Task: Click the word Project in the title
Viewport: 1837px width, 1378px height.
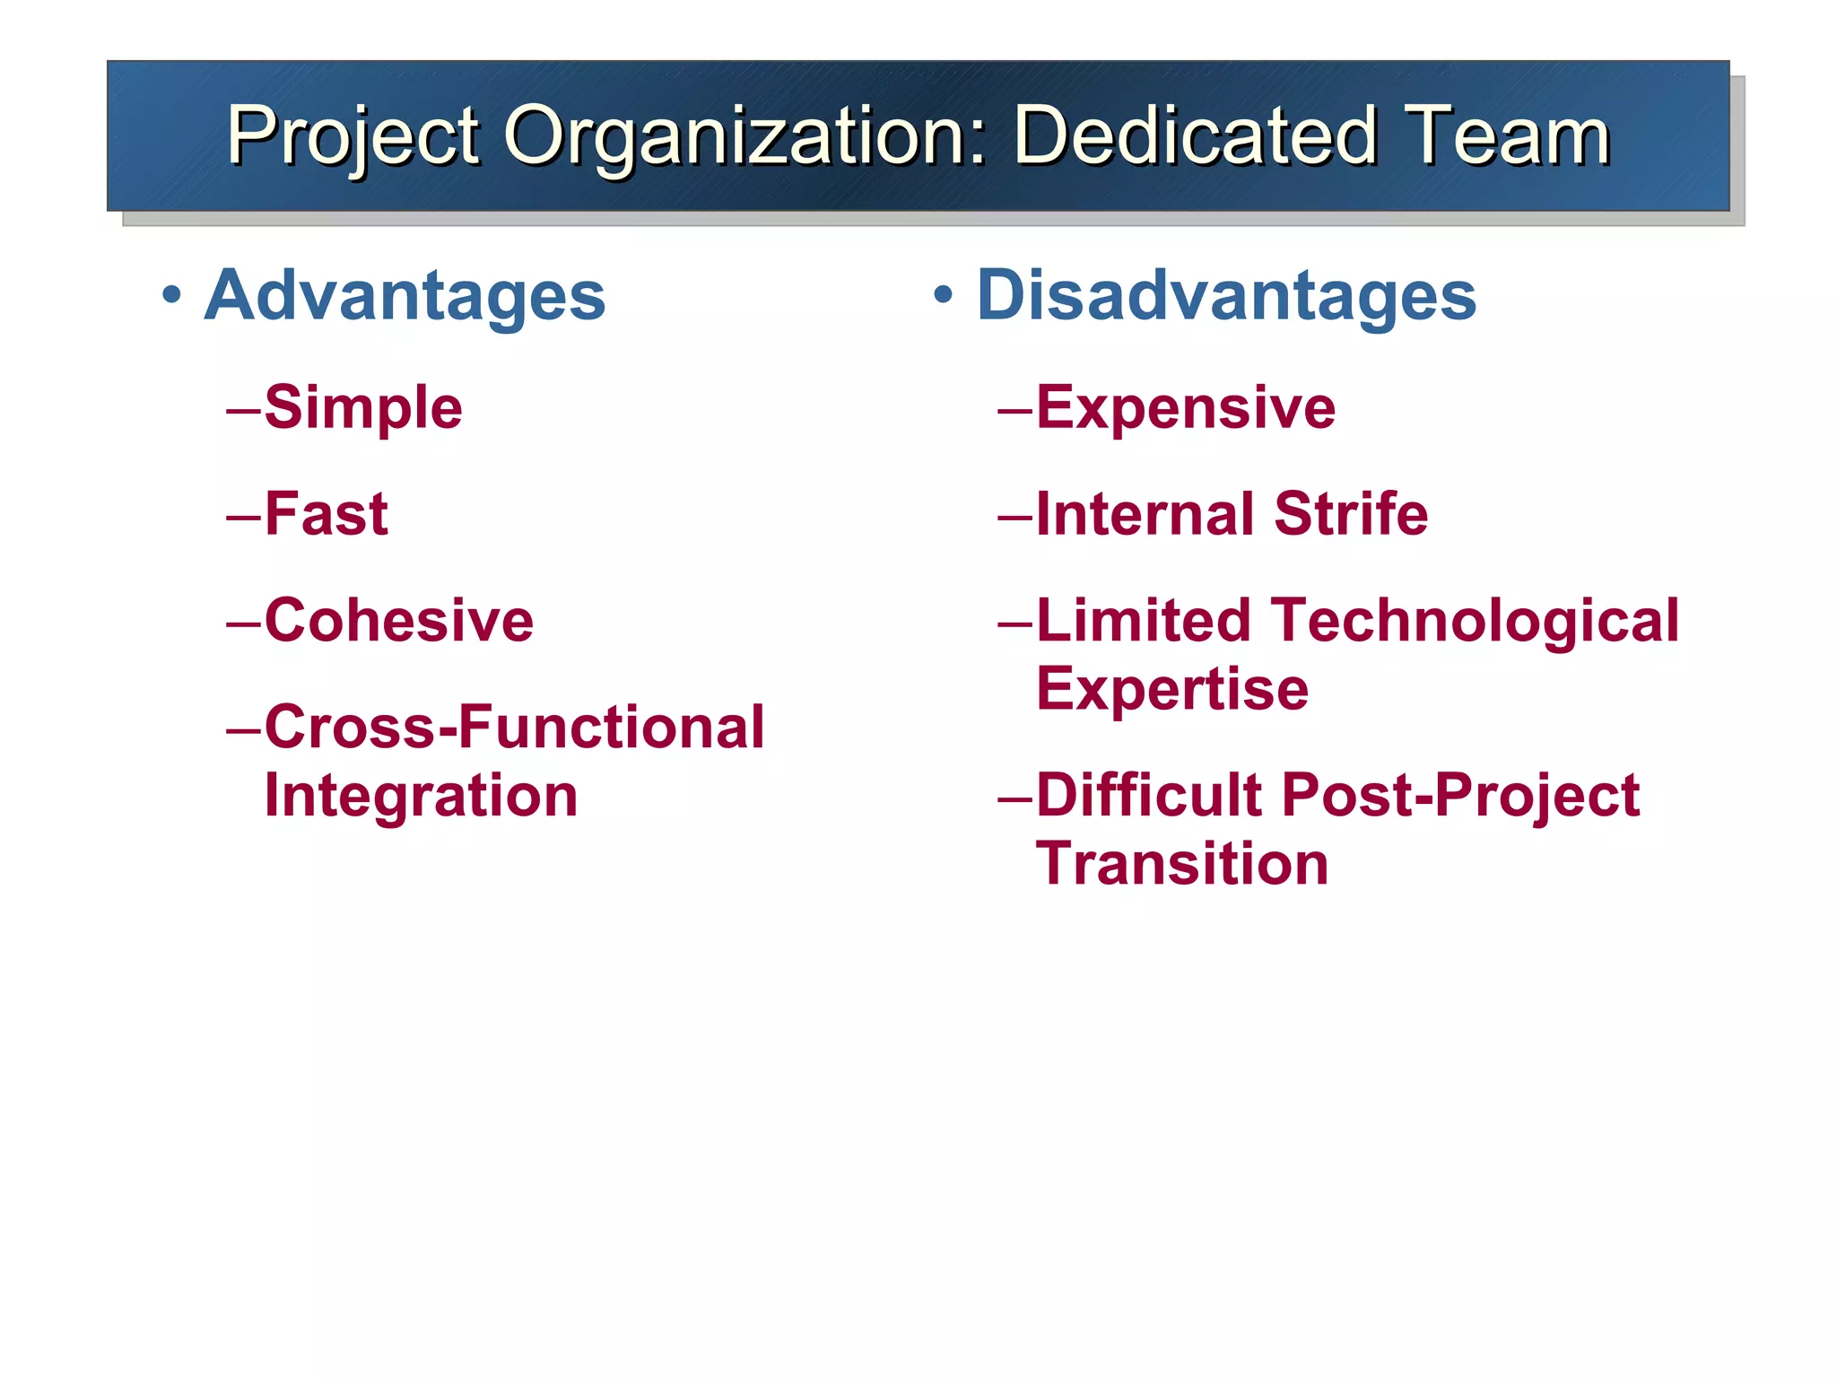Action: coord(353,136)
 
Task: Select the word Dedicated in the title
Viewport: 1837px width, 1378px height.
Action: coord(1194,136)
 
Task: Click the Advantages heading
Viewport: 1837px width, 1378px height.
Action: coord(405,296)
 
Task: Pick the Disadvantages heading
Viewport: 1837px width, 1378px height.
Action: coord(1225,296)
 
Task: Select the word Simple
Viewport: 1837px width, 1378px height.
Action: coord(363,408)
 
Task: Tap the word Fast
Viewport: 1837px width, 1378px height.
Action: coord(326,514)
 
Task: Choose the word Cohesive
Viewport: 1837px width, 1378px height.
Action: coord(399,620)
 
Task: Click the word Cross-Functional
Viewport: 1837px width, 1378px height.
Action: coord(514,727)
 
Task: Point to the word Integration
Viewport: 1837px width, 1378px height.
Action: coord(421,797)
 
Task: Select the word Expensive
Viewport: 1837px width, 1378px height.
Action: coord(1186,408)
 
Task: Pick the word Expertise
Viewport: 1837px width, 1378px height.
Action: coord(1172,689)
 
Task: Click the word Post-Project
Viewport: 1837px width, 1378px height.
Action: coord(1460,795)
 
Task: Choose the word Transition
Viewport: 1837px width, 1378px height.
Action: coord(1182,864)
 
